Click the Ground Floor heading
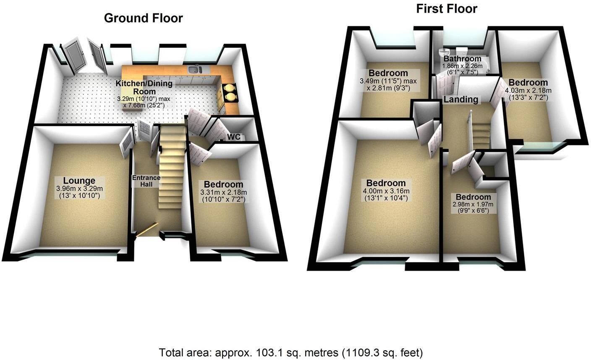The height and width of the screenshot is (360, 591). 144,18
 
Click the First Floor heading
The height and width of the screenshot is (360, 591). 447,9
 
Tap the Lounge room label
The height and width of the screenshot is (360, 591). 79,181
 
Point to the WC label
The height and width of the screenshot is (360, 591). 234,137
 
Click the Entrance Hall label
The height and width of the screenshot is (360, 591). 146,181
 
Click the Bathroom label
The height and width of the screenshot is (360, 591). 463,59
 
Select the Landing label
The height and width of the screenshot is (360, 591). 461,100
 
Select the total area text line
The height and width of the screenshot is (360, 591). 291,352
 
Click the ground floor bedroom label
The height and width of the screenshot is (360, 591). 223,184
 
